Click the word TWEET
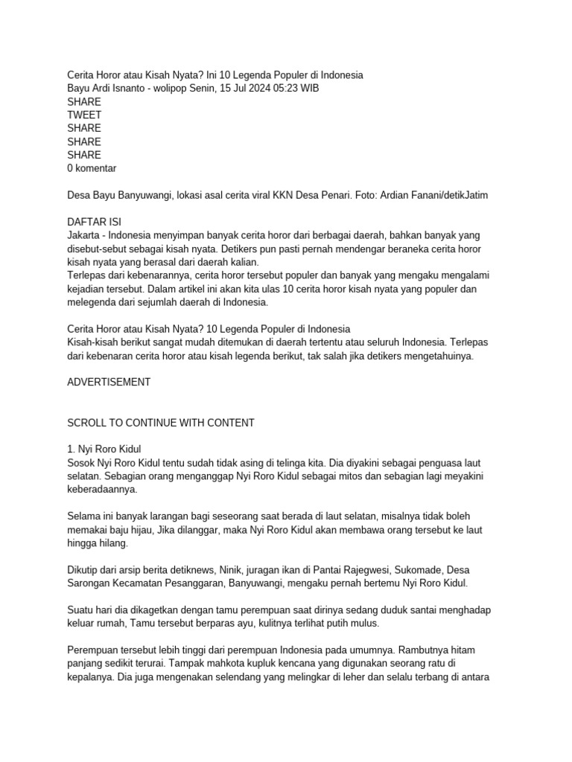pyautogui.click(x=84, y=115)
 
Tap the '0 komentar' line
pyautogui.click(x=92, y=169)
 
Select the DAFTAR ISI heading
pyautogui.click(x=95, y=222)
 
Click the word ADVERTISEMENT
pyautogui.click(x=109, y=382)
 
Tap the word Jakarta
pyautogui.click(x=84, y=236)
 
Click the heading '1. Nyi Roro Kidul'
pyautogui.click(x=104, y=449)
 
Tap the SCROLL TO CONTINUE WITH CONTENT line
pyautogui.click(x=161, y=423)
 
